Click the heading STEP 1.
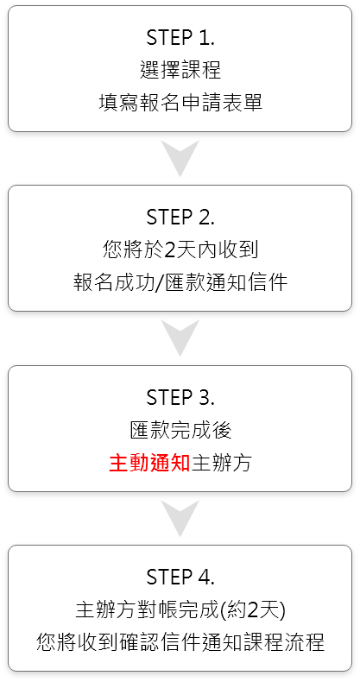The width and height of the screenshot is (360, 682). click(180, 38)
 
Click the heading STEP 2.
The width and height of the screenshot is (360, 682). click(180, 218)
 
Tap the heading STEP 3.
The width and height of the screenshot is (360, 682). click(180, 397)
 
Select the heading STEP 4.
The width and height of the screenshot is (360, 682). click(180, 578)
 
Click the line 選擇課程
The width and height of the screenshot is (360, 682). click(180, 70)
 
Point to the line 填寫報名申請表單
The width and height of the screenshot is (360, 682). click(180, 103)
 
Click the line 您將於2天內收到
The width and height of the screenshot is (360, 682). click(180, 249)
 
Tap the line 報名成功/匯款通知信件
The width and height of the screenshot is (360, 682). click(180, 282)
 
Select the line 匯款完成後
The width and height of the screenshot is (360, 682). click(180, 430)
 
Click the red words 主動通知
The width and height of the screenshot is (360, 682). click(149, 463)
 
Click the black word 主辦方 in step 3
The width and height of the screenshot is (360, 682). click(221, 463)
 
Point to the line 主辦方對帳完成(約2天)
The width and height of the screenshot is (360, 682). click(180, 609)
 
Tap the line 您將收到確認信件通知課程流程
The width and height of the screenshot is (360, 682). click(180, 642)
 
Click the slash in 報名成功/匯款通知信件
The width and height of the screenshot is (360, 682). click(159, 283)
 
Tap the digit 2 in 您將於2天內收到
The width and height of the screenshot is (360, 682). click(169, 250)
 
